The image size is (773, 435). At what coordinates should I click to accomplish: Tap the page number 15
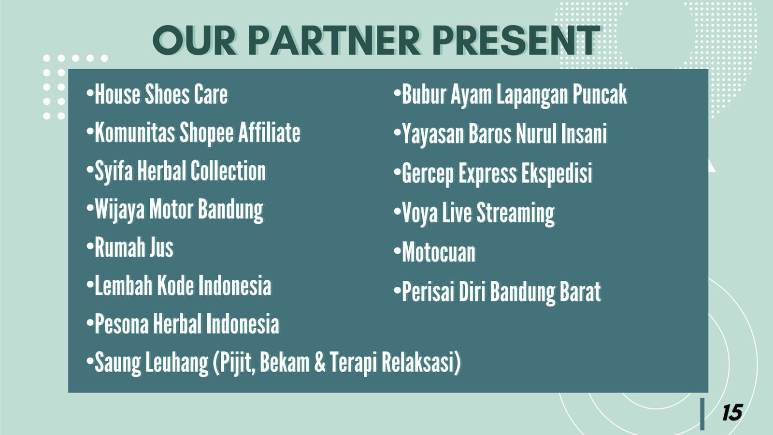(x=732, y=413)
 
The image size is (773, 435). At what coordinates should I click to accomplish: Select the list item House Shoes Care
(x=157, y=94)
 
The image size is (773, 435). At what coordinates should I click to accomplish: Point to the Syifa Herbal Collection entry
(x=176, y=171)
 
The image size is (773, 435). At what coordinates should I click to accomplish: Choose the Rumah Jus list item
(x=130, y=247)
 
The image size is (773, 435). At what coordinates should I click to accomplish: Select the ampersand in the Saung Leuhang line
(x=320, y=362)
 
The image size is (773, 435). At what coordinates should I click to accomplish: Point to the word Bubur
(x=424, y=94)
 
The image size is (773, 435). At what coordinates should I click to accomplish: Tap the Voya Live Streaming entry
(x=474, y=213)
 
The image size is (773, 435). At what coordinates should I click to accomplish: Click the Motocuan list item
(x=434, y=252)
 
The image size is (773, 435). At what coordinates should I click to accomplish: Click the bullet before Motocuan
(x=397, y=251)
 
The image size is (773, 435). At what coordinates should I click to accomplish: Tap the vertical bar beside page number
(x=702, y=414)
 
